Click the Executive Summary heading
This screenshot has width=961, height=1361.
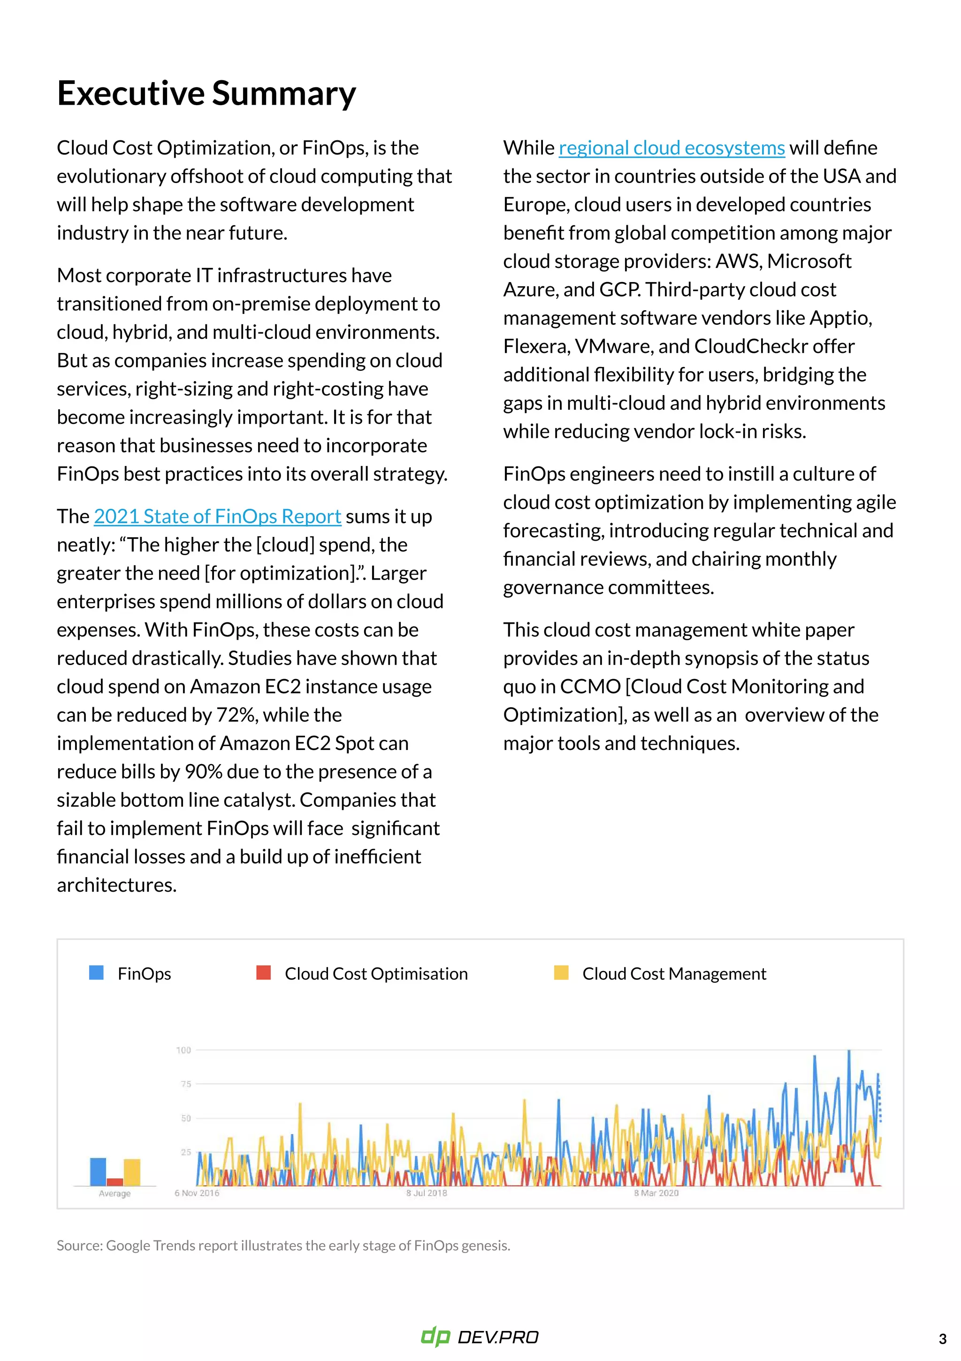click(206, 94)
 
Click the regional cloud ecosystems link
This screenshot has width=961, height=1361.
click(671, 148)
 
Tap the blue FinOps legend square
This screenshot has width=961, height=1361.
click(96, 973)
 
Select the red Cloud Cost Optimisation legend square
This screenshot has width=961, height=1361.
click(263, 973)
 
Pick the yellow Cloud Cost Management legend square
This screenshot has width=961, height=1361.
click(560, 973)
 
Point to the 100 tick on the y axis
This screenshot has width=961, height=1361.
click(184, 1050)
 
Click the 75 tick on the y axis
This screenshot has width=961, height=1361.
click(185, 1084)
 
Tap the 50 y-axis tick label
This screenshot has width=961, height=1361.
click(185, 1118)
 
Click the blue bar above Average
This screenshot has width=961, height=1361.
click(98, 1171)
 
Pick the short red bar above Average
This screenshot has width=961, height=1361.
click(115, 1182)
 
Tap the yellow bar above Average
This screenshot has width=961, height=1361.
click(132, 1172)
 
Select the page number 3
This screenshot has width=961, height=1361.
click(942, 1339)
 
